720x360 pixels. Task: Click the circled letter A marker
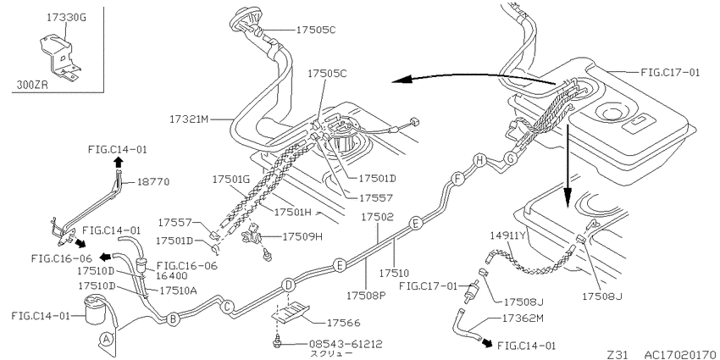107,340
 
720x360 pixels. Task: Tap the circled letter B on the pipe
172,318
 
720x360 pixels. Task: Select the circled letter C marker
226,307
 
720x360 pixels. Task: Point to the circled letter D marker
287,285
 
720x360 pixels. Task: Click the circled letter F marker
457,178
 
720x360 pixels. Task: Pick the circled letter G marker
510,158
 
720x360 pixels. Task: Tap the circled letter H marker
479,160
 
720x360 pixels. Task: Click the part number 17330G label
67,18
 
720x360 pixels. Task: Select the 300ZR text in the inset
32,85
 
